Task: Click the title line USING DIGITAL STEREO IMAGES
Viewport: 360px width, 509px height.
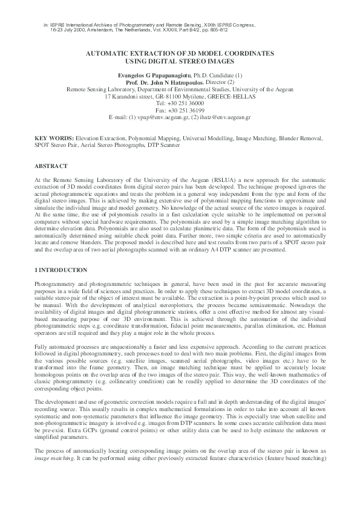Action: click(x=180, y=62)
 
